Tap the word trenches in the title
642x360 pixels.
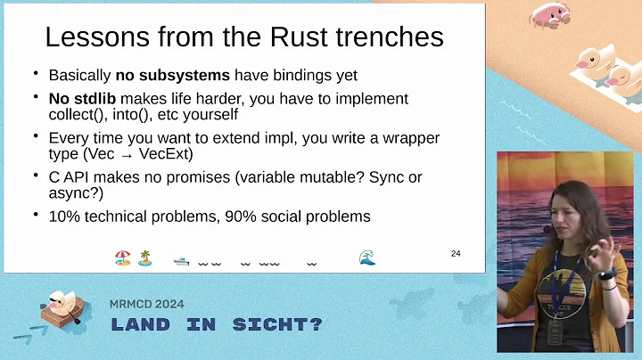click(x=389, y=37)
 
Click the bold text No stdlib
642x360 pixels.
click(x=86, y=99)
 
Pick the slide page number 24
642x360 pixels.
click(x=456, y=254)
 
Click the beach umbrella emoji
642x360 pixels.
click(x=122, y=258)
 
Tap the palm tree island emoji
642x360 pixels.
click(x=144, y=258)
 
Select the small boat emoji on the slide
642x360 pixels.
click(x=181, y=260)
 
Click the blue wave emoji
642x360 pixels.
click(x=366, y=258)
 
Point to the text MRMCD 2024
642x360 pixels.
click(x=147, y=304)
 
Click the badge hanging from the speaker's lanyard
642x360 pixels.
click(x=556, y=332)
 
